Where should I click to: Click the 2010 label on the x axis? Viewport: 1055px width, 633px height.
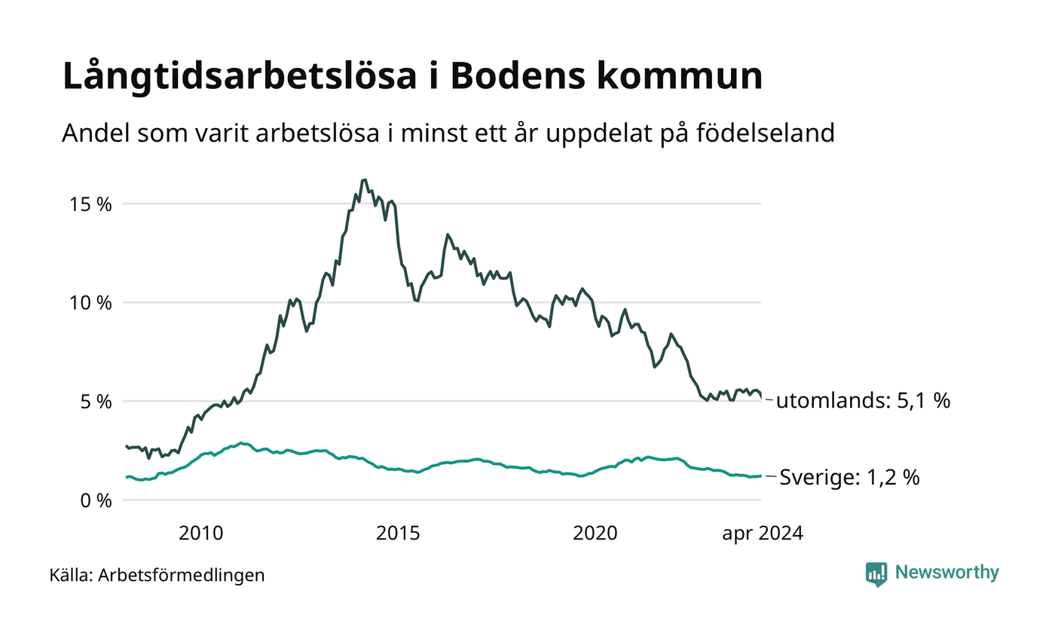pos(201,534)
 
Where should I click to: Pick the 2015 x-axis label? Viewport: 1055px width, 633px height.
pos(398,534)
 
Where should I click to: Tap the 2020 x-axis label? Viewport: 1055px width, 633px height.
pos(595,534)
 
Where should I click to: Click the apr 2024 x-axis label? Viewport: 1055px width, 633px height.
pos(763,534)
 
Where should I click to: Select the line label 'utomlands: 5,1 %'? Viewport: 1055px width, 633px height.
pos(863,401)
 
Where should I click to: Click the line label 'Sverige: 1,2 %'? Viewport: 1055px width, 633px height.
pos(849,478)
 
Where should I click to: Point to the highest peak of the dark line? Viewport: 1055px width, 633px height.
pos(364,180)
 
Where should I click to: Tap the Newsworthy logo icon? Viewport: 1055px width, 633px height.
pos(876,574)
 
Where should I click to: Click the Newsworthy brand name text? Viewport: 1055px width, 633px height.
pos(946,573)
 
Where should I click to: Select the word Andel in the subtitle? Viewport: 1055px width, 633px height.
pos(90,133)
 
